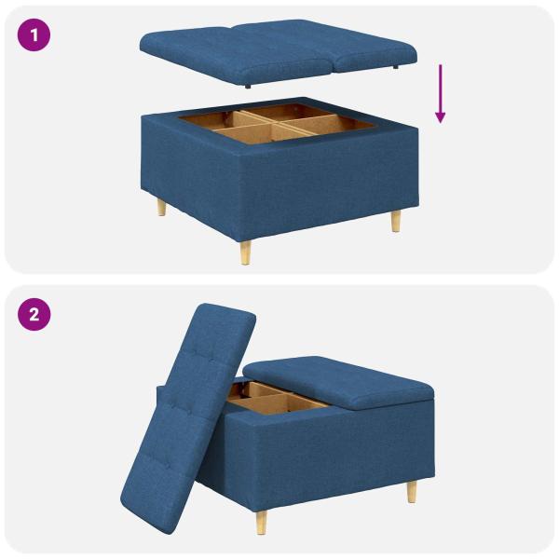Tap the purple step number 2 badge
point(34,313)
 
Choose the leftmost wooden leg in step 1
point(161,207)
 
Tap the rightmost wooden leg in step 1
point(397,221)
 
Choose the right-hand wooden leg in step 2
point(411,491)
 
